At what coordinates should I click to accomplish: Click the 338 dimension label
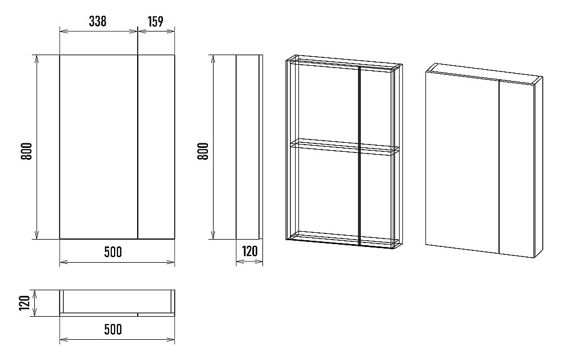[x=97, y=21]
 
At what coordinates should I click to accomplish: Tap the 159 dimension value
[x=155, y=21]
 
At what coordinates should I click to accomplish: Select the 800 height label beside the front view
[x=26, y=151]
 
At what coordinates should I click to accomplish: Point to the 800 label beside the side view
[x=203, y=151]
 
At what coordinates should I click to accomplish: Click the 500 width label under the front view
[x=113, y=252]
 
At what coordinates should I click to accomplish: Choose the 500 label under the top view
[x=113, y=329]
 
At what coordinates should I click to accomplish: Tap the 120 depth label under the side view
[x=250, y=251]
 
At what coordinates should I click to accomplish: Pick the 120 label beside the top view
[x=24, y=303]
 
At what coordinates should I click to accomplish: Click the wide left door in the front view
[x=98, y=147]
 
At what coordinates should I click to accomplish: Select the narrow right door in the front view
[x=156, y=147]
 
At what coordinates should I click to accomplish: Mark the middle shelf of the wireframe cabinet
[x=345, y=147]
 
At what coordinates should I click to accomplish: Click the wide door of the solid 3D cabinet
[x=463, y=161]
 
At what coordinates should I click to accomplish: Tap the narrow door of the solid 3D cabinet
[x=516, y=169]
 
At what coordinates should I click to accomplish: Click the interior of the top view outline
[x=117, y=301]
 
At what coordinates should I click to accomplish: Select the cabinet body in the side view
[x=247, y=147]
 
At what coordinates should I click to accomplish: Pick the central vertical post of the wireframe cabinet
[x=359, y=156]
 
